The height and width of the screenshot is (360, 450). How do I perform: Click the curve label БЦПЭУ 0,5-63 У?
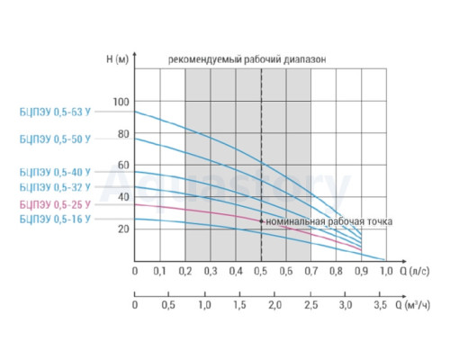[55, 112]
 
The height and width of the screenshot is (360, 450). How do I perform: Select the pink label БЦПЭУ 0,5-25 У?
[55, 205]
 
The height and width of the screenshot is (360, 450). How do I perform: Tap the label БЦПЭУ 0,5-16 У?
[55, 220]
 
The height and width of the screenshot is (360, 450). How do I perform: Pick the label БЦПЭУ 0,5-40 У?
[55, 173]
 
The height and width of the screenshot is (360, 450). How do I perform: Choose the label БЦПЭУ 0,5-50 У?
[55, 139]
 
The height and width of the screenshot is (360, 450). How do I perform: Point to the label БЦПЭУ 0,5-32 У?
[55, 187]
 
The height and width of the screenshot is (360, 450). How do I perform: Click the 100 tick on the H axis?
[121, 102]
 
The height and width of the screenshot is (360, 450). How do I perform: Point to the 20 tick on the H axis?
[123, 229]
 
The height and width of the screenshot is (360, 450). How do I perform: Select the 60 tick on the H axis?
[123, 166]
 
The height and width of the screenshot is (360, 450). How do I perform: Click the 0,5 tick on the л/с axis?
[260, 271]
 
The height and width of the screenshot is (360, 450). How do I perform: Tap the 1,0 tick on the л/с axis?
[386, 271]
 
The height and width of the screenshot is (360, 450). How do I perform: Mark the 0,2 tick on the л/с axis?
[185, 271]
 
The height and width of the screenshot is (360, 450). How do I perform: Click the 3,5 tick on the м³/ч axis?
[381, 305]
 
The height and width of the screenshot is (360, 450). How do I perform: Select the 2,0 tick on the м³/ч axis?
[274, 305]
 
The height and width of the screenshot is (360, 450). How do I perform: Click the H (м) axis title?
[117, 59]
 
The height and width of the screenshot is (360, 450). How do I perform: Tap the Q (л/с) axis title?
[415, 271]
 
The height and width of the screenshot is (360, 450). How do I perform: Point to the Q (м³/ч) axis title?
[413, 305]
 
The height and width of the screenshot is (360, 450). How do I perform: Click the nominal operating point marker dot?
[261, 221]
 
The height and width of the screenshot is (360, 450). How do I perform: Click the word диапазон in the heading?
[304, 59]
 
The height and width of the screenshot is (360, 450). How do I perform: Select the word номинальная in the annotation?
[295, 221]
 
